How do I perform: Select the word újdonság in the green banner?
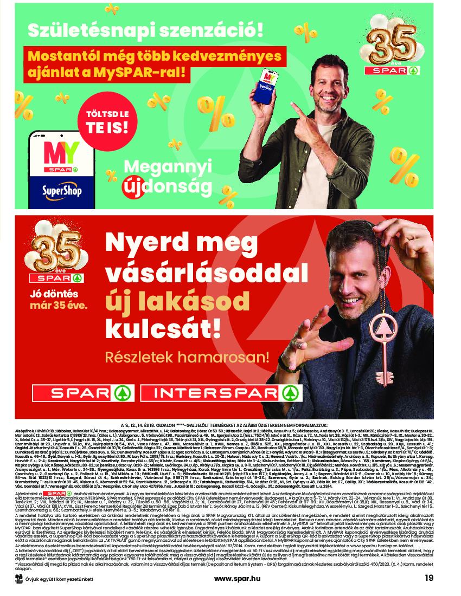click(168, 185)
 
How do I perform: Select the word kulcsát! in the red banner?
click(163, 327)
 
